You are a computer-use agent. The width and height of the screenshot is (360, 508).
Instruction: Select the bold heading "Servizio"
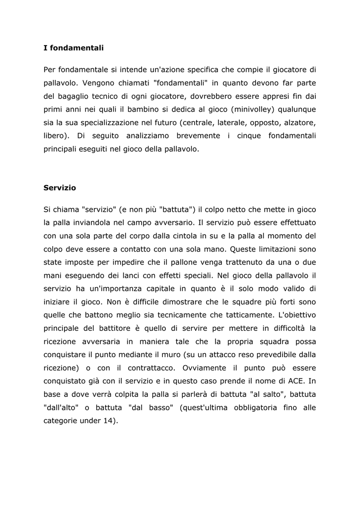click(x=60, y=188)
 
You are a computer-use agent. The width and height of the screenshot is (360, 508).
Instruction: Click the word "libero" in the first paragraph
click(x=55, y=136)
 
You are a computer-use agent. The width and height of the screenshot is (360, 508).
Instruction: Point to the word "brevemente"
click(x=191, y=136)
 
